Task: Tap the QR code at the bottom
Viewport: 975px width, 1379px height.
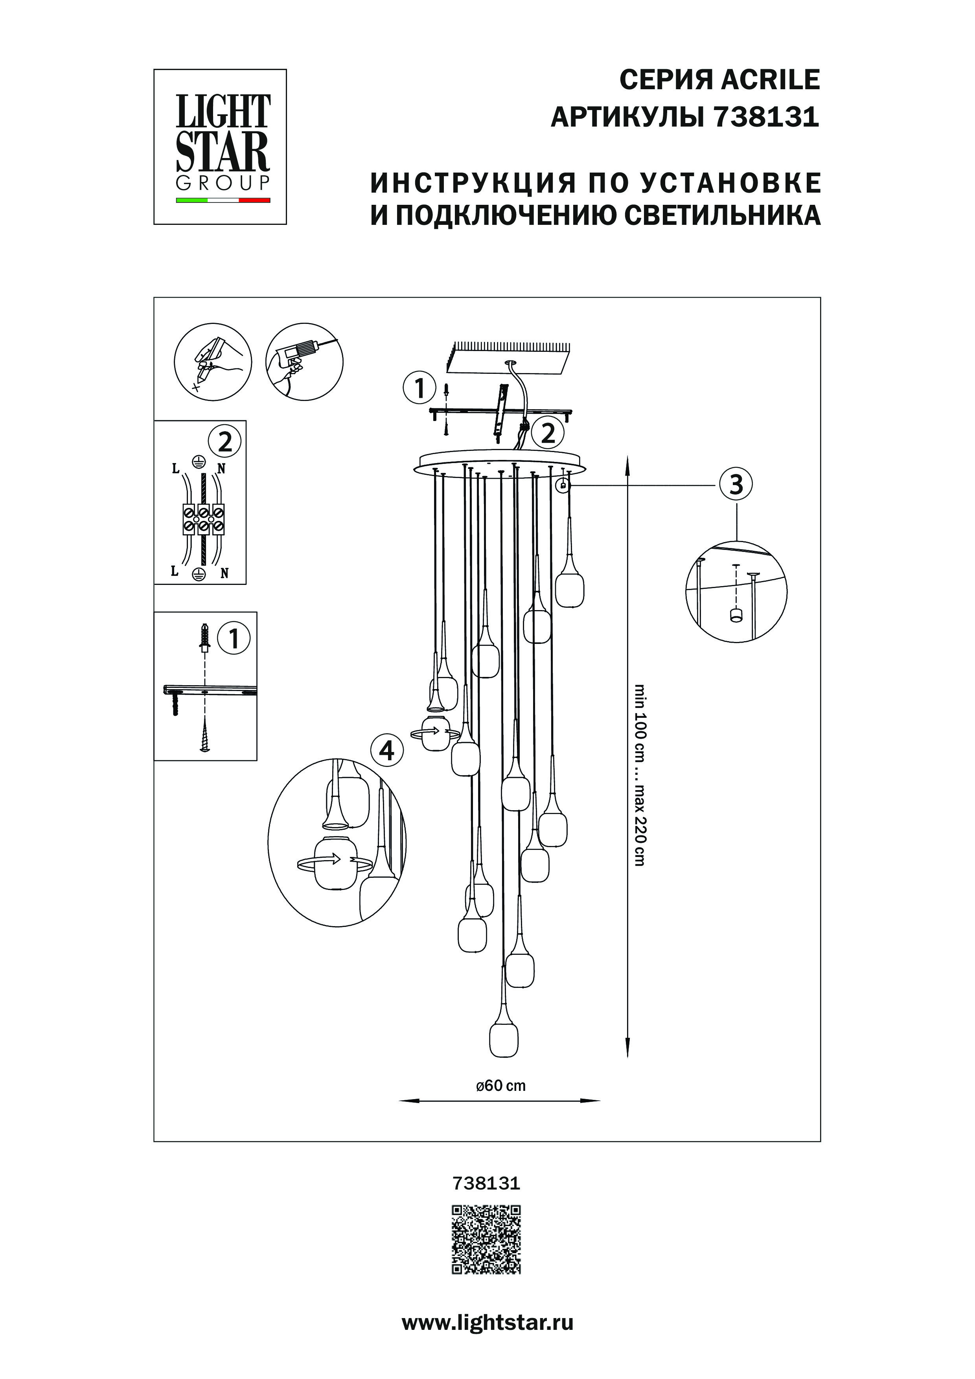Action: coord(487,1238)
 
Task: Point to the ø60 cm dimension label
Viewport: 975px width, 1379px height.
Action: coord(500,1085)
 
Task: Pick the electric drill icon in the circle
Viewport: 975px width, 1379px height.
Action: coord(304,361)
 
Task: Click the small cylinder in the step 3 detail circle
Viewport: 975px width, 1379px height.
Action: coord(734,615)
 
